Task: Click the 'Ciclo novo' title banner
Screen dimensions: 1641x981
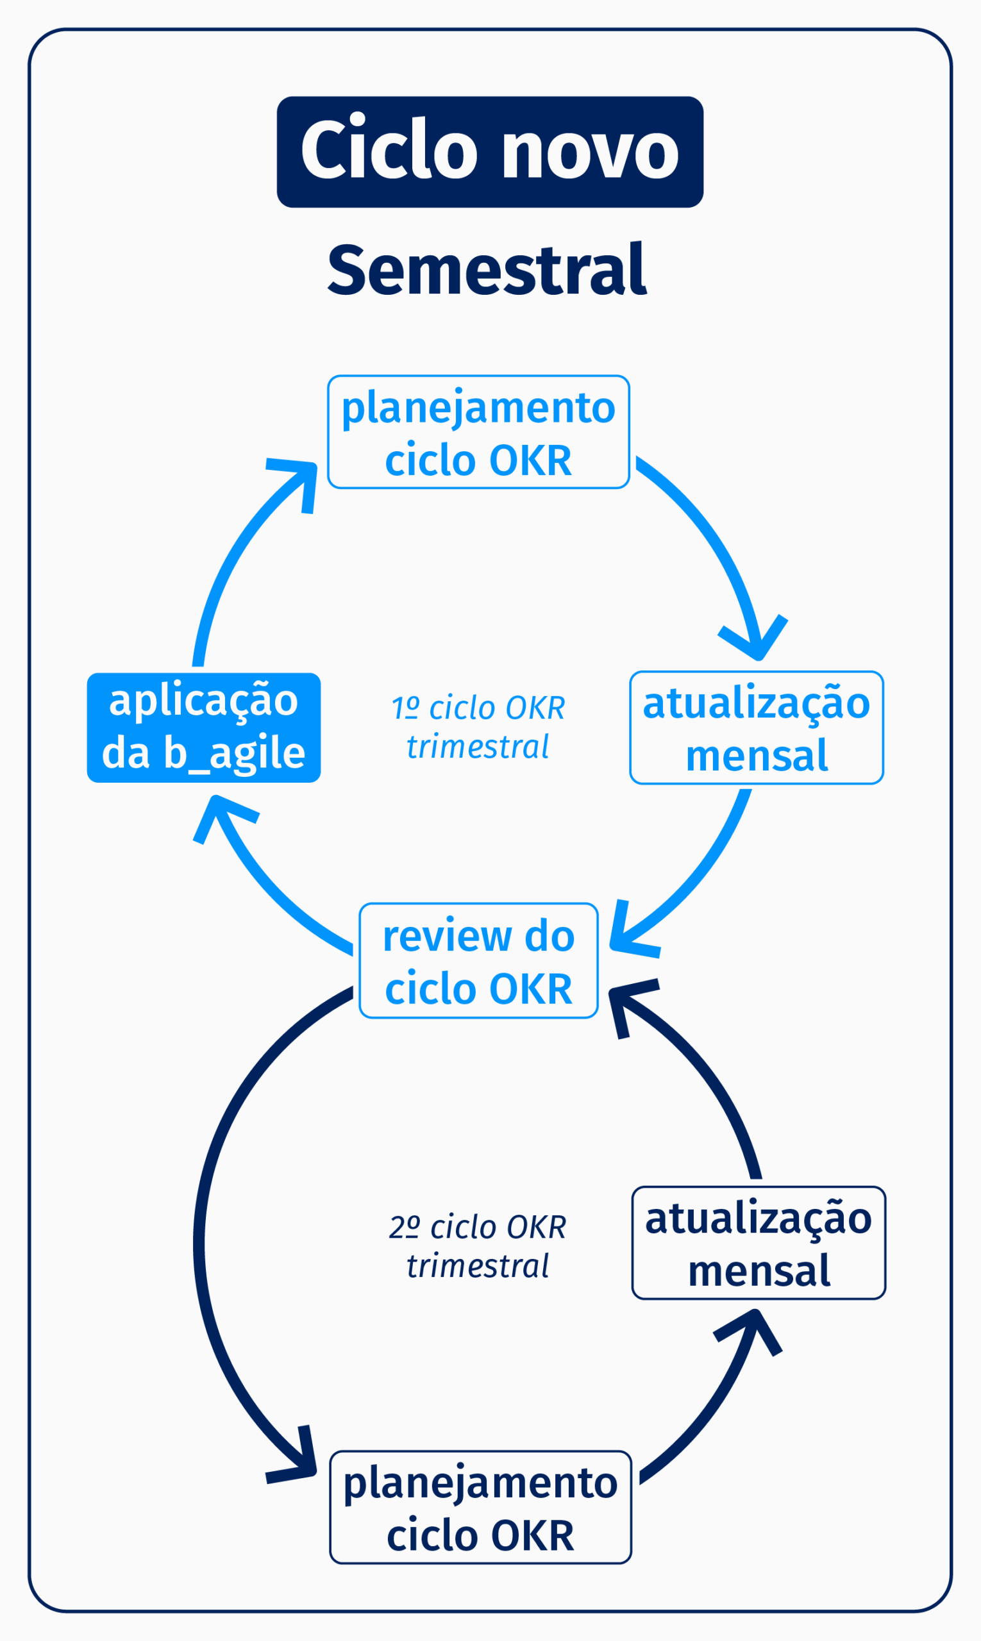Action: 490,152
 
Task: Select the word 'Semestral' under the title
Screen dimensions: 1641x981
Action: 487,270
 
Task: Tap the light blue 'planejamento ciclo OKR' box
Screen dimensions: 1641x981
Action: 478,433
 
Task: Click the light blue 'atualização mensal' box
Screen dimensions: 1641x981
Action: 756,728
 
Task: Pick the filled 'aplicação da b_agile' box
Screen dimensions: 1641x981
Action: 204,728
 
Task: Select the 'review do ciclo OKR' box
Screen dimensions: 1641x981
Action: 478,961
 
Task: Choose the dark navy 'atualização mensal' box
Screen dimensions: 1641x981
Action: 759,1243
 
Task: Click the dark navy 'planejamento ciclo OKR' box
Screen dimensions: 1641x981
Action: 481,1508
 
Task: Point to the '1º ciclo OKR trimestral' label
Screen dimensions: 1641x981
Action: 478,727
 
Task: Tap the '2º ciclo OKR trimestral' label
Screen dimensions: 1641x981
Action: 478,1245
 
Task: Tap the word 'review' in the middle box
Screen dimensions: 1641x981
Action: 447,937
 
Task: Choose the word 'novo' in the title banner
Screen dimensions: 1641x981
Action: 591,152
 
